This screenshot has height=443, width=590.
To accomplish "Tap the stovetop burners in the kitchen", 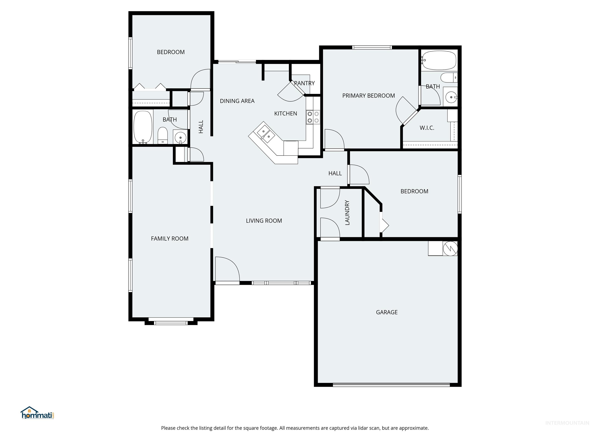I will (x=313, y=117).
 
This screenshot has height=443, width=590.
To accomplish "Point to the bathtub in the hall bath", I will (x=143, y=127).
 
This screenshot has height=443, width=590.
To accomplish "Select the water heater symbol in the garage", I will (x=450, y=249).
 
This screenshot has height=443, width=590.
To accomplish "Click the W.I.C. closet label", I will (x=427, y=128).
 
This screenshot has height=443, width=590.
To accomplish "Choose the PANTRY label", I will (x=304, y=83).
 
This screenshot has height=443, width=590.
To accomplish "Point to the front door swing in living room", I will (x=227, y=268).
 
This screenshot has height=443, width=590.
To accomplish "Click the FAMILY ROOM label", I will (x=170, y=238).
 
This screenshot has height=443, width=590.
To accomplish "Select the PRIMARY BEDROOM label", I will (x=368, y=96).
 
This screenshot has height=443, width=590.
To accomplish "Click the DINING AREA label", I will (x=237, y=101).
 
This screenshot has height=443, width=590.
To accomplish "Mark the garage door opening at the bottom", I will (x=391, y=385).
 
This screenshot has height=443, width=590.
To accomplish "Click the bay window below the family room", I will (x=171, y=323).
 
